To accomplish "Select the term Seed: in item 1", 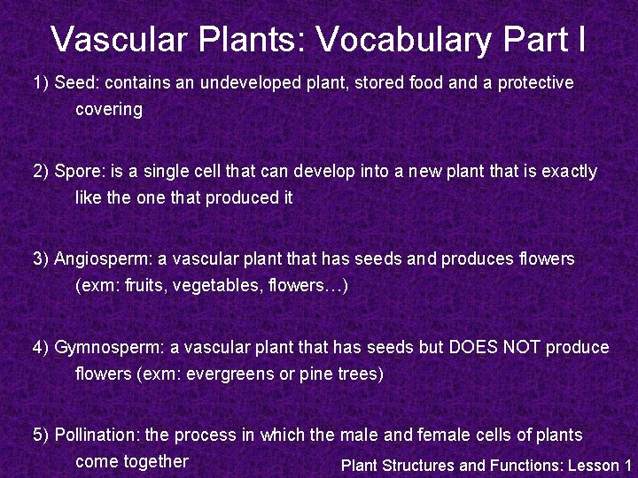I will [x=77, y=83].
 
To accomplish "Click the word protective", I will [x=535, y=83].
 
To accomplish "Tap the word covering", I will [x=109, y=110].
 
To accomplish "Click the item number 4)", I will [x=42, y=347].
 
